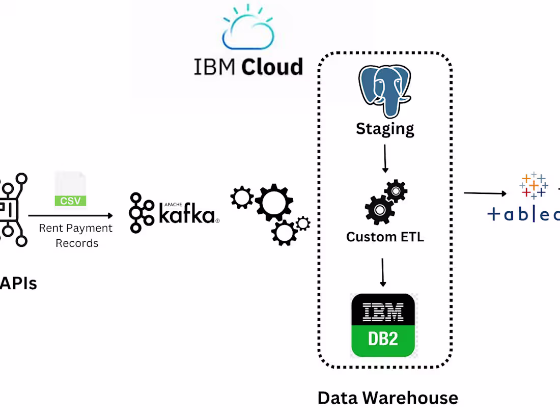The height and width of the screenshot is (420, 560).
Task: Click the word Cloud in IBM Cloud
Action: pyautogui.click(x=272, y=67)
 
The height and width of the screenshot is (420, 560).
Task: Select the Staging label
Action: pyautogui.click(x=385, y=128)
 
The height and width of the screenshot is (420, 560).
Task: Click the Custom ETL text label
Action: pyautogui.click(x=385, y=237)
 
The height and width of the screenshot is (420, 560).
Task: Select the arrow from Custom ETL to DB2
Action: pyautogui.click(x=383, y=272)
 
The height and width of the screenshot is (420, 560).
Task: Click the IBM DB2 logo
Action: pyautogui.click(x=383, y=325)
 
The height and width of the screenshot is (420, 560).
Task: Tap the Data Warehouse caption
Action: pyautogui.click(x=387, y=398)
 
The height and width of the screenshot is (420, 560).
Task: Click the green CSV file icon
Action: pyautogui.click(x=70, y=191)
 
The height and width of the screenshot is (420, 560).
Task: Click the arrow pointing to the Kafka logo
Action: pyautogui.click(x=71, y=216)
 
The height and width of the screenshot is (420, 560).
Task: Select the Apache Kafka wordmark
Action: pyautogui.click(x=187, y=213)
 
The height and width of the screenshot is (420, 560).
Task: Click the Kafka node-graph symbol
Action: pyautogui.click(x=141, y=212)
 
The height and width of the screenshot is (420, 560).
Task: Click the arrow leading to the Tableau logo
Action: pyautogui.click(x=485, y=193)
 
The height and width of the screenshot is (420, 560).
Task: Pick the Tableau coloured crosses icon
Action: pyautogui.click(x=533, y=185)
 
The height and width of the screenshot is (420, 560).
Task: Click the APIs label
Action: pyautogui.click(x=18, y=283)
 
